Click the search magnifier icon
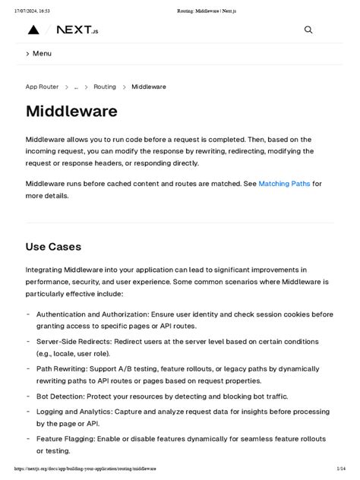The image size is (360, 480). (308, 30)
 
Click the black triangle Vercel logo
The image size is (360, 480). (33, 30)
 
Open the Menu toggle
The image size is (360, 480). (39, 54)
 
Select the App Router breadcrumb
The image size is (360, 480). (42, 87)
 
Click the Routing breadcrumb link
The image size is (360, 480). (105, 87)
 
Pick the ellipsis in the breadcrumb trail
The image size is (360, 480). (76, 87)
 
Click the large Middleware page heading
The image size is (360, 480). (71, 112)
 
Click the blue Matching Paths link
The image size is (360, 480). (284, 184)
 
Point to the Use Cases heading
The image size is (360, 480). (53, 247)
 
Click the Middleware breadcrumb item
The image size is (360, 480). (149, 87)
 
